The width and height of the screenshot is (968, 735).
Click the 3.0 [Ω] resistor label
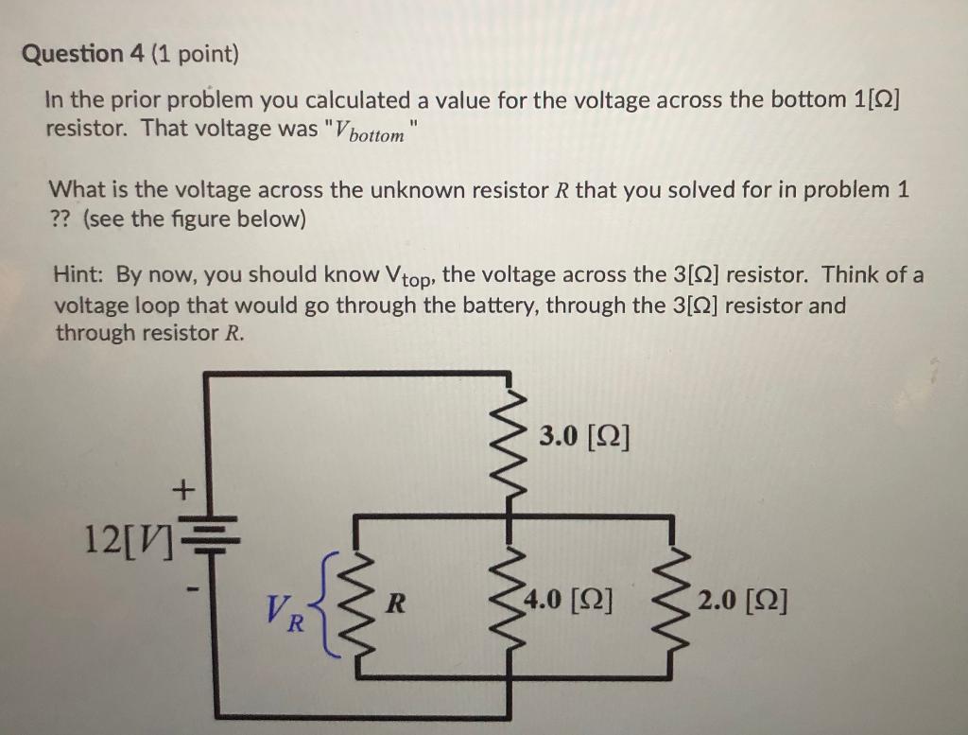tap(584, 437)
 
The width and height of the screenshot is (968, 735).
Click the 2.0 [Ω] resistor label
tap(743, 601)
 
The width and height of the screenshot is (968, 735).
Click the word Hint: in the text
tap(81, 275)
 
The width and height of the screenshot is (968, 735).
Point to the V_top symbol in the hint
tap(408, 277)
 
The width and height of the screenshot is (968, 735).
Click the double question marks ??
tap(61, 219)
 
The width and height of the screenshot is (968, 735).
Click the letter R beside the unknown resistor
tap(399, 600)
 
